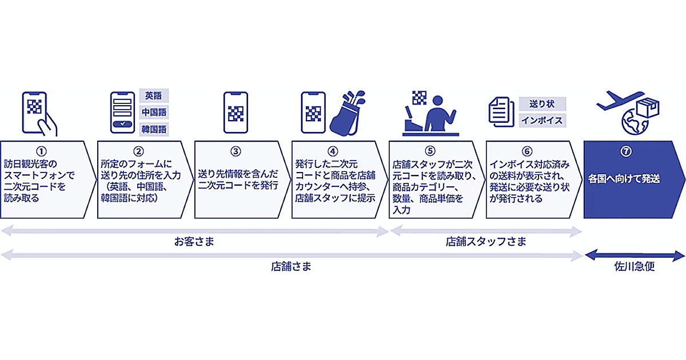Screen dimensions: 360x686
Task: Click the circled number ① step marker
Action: pyautogui.click(x=40, y=151)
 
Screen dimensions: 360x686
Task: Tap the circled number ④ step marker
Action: pyautogui.click(x=333, y=151)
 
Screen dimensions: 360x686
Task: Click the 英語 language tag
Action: pyautogui.click(x=153, y=95)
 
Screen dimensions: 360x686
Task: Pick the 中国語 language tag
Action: pyautogui.click(x=153, y=112)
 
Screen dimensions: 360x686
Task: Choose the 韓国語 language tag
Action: pyautogui.click(x=153, y=129)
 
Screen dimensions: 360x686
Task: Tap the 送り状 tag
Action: pyautogui.click(x=542, y=104)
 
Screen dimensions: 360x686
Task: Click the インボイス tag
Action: pyautogui.click(x=542, y=121)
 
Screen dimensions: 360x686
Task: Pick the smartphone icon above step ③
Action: pyautogui.click(x=236, y=113)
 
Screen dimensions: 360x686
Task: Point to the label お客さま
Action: pyautogui.click(x=194, y=242)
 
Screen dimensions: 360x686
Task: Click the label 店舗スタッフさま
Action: pyautogui.click(x=485, y=242)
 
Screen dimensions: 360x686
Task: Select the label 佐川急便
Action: pyautogui.click(x=635, y=266)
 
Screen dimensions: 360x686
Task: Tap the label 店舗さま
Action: pyautogui.click(x=292, y=266)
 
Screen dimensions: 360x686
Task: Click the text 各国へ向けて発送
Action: pyautogui.click(x=624, y=179)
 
